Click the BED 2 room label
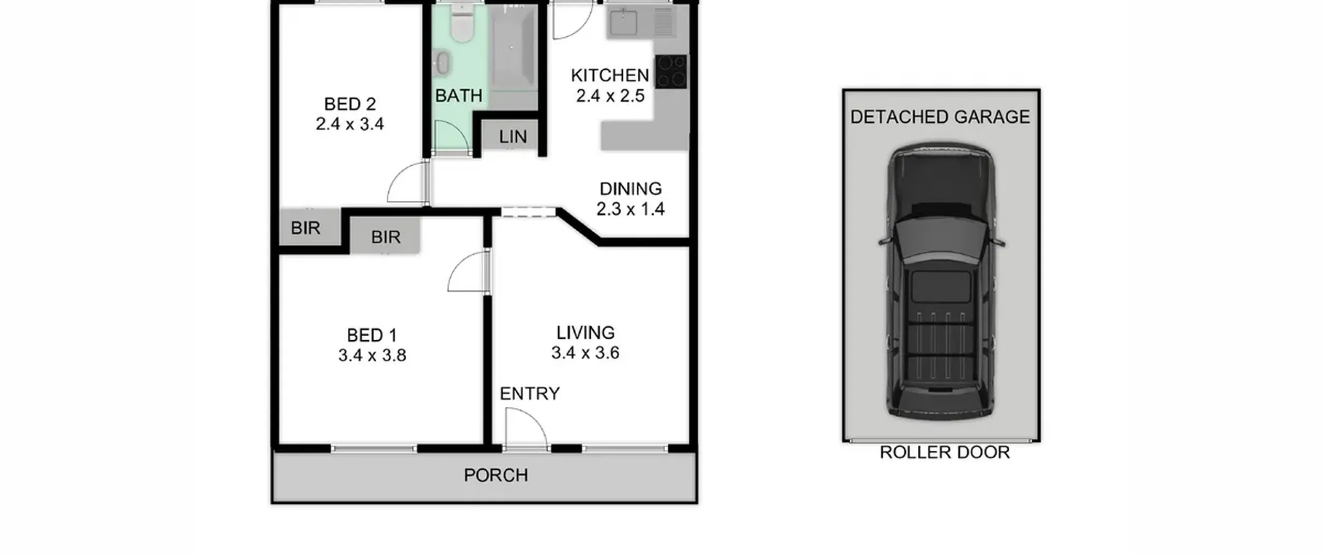pyautogui.click(x=350, y=104)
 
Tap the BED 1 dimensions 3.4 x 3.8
pyautogui.click(x=372, y=355)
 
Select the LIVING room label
pyautogui.click(x=586, y=332)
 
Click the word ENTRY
pyautogui.click(x=530, y=393)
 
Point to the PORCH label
pyautogui.click(x=496, y=475)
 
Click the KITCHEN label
pyautogui.click(x=610, y=75)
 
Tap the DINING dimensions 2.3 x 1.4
pyautogui.click(x=630, y=209)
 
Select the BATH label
pyautogui.click(x=459, y=96)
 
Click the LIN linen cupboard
pyautogui.click(x=512, y=136)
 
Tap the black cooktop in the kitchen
pyautogui.click(x=671, y=71)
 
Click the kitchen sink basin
pyautogui.click(x=623, y=22)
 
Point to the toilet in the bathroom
pyautogui.click(x=461, y=23)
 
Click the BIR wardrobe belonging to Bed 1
pyautogui.click(x=385, y=235)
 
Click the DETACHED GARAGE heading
pyautogui.click(x=940, y=117)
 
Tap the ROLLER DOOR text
pyautogui.click(x=945, y=452)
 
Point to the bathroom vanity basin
pyautogui.click(x=442, y=62)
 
